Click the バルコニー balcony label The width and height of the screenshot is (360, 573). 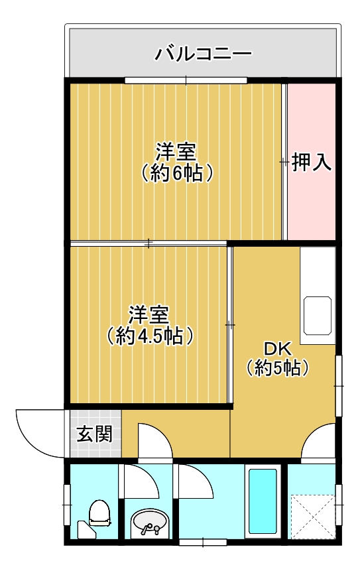tap(204, 54)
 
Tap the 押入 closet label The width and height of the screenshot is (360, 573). tap(312, 162)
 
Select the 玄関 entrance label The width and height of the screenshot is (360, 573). tap(94, 434)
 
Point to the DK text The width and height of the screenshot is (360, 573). tap(278, 349)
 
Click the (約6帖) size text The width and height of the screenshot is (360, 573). tap(176, 173)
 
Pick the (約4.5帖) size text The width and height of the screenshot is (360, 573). tap(149, 336)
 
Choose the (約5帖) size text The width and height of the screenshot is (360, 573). tap(278, 367)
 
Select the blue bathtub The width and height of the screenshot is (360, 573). tap(263, 501)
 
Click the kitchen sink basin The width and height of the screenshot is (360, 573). tap(318, 316)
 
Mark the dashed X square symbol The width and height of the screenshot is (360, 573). tap(313, 517)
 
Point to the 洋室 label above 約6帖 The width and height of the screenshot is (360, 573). tap(176, 153)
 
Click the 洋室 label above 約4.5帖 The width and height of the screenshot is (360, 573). tap(149, 315)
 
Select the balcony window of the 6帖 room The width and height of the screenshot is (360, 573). tap(186, 80)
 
